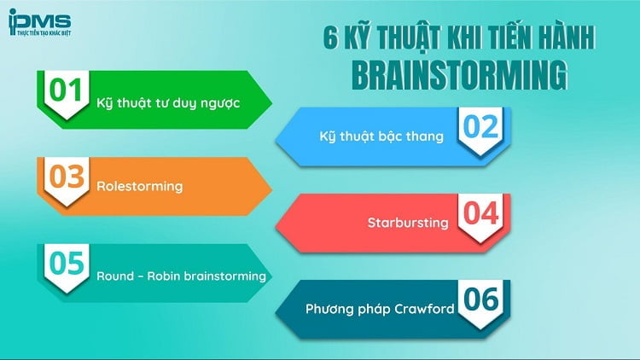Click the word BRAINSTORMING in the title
459,75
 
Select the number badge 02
481,128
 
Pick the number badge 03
66,177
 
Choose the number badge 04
481,214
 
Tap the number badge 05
66,264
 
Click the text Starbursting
408,223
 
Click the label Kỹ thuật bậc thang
381,136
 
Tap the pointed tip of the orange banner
271,185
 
